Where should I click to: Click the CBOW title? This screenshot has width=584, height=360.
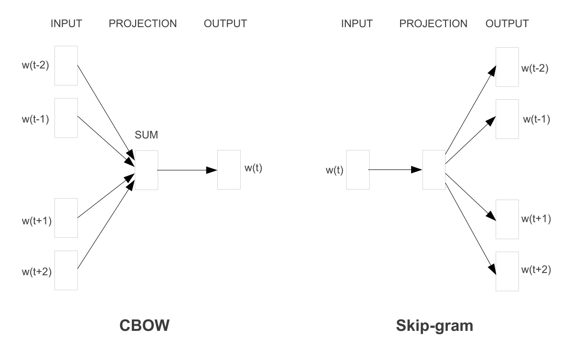click(x=144, y=325)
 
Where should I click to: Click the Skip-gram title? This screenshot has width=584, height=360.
click(x=435, y=326)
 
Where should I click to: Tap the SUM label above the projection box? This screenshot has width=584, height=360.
click(x=146, y=135)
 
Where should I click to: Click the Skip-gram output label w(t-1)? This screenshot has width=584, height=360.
click(x=537, y=119)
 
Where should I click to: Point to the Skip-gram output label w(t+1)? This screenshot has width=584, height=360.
click(x=536, y=219)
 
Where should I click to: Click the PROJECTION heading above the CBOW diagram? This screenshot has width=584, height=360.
click(x=143, y=23)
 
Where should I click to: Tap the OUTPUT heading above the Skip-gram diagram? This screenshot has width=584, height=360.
click(x=507, y=23)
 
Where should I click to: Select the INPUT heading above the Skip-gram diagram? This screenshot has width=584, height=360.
click(x=357, y=23)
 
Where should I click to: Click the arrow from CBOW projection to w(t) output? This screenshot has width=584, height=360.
click(x=187, y=170)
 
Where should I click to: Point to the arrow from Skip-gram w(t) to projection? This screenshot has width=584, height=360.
click(x=395, y=169)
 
